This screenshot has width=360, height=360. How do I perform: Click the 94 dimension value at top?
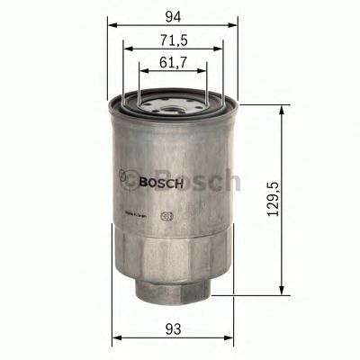coord(173,13)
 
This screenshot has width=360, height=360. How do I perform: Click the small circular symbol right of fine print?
coord(165,216)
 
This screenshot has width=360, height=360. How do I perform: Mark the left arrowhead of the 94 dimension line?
coord(112,25)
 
